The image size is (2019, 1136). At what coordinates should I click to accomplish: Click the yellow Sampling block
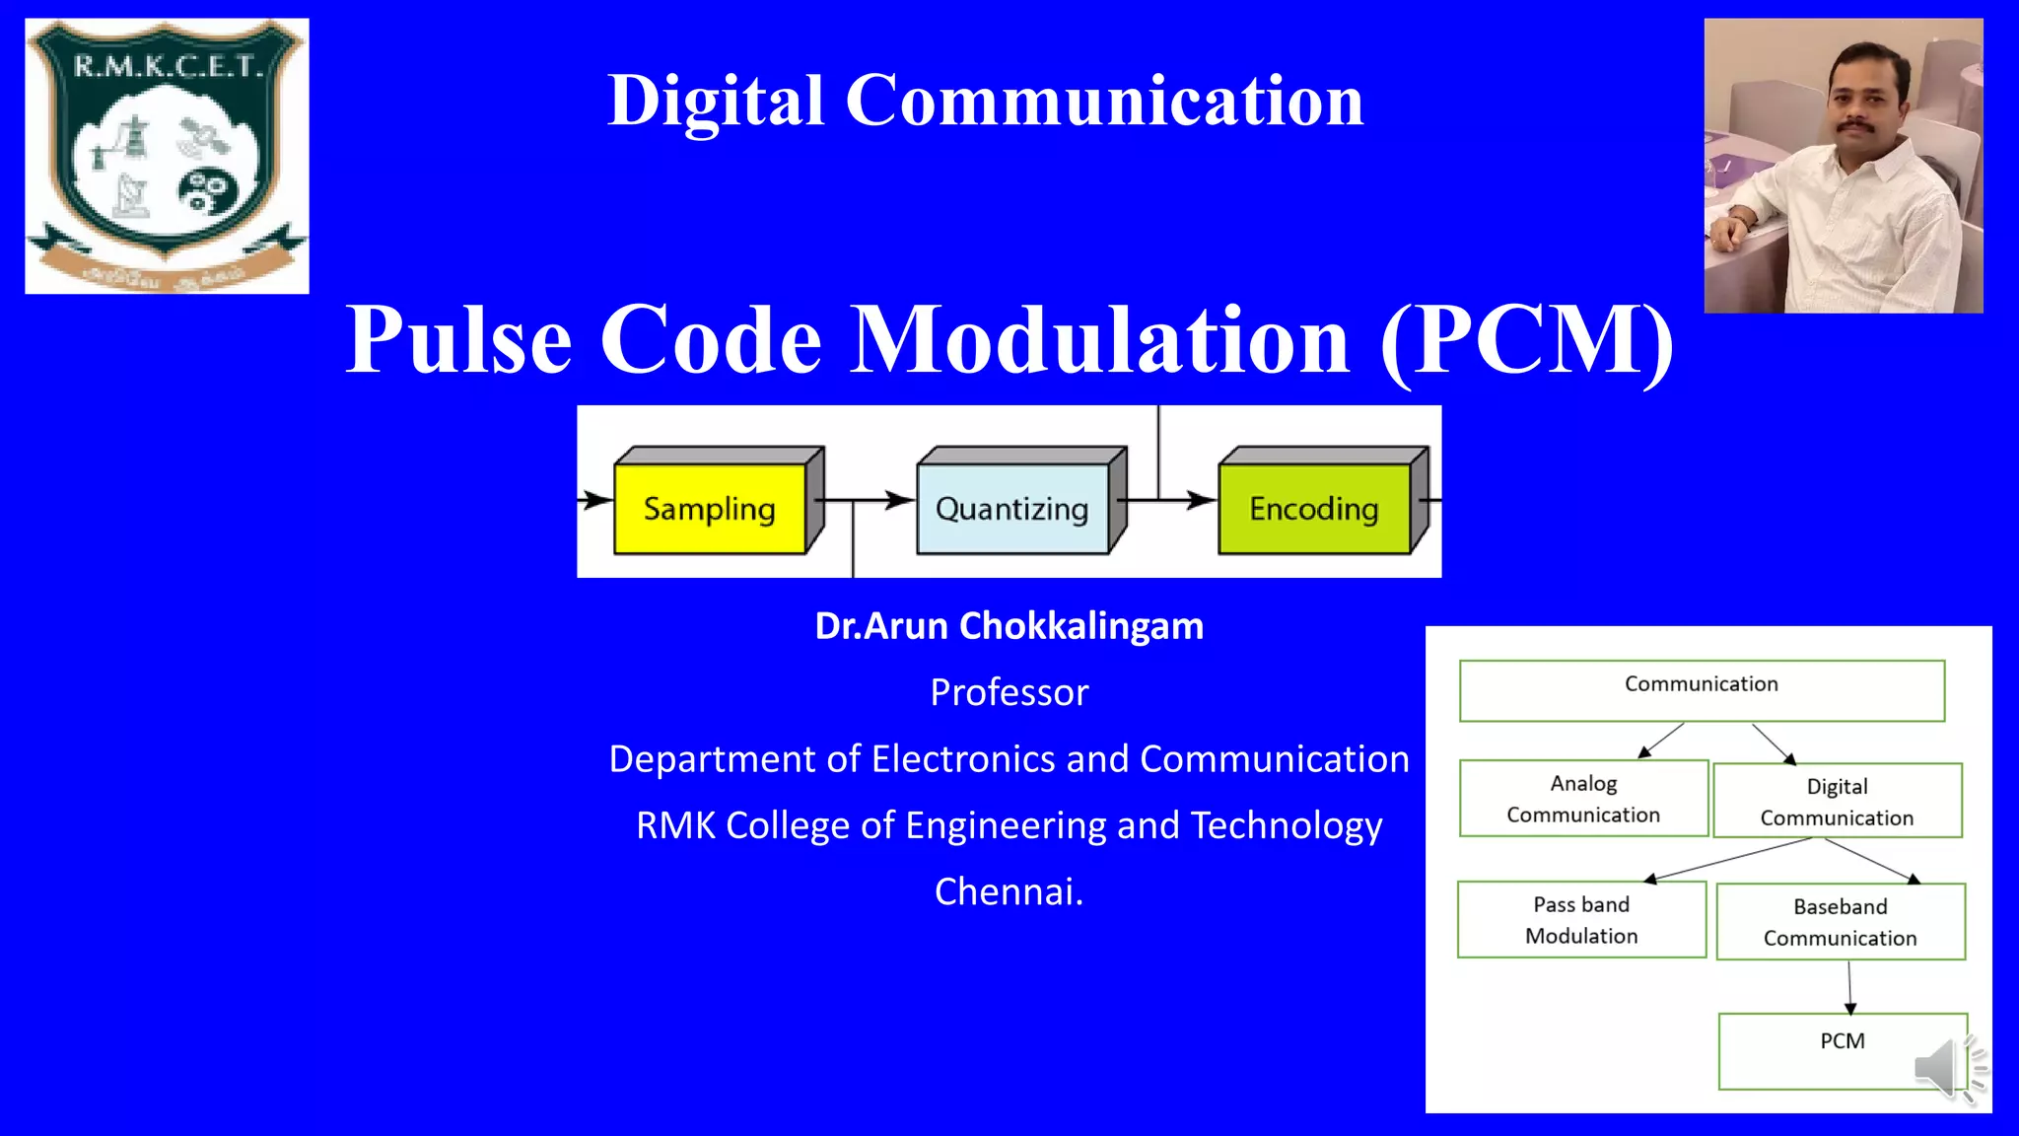710,509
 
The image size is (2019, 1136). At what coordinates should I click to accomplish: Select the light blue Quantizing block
1011,509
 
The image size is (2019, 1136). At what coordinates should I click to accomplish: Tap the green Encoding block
1313,509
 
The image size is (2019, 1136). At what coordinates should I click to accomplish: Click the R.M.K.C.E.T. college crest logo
167,155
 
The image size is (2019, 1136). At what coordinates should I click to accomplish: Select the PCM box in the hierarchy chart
1842,1050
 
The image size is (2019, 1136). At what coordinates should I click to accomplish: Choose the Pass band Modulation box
1581,919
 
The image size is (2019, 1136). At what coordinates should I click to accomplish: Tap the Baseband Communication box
1840,921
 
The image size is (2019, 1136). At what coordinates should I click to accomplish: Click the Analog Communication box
1583,798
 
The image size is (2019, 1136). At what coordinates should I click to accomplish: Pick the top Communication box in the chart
1702,690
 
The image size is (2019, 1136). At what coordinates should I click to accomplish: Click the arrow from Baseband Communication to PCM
1849,986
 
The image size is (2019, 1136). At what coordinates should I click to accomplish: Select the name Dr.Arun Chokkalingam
1009,626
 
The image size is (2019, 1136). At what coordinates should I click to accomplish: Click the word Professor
1009,692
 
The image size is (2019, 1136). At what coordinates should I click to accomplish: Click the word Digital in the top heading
715,101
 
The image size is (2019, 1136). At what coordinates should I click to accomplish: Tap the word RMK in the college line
676,825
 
